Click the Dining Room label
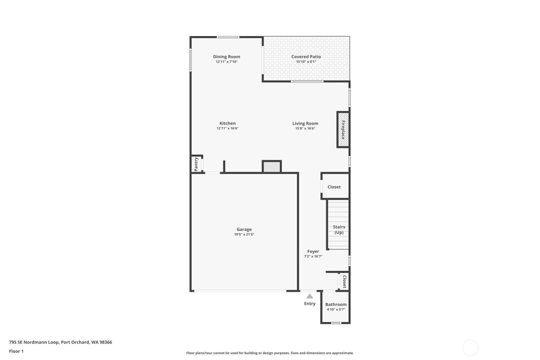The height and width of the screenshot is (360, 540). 226,57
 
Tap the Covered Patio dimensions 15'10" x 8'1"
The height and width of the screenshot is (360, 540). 306,62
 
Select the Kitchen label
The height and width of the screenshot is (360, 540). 228,123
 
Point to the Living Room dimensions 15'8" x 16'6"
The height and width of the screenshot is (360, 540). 305,128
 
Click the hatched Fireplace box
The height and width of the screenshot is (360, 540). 343,130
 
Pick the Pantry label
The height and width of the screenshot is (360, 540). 196,164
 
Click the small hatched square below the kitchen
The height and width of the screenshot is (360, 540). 272,167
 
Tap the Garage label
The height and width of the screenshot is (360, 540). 244,229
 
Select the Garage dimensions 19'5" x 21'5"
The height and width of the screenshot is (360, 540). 244,234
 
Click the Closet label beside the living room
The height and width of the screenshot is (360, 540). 334,187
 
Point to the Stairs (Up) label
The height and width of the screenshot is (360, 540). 339,230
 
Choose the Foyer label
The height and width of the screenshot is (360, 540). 313,251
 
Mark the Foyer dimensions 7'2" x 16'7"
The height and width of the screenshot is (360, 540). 313,256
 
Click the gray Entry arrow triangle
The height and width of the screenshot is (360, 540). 310,296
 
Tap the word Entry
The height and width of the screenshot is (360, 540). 310,304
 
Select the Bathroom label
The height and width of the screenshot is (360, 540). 336,304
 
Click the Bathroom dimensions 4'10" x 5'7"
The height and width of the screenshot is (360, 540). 336,309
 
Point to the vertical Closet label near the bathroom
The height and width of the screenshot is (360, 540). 344,281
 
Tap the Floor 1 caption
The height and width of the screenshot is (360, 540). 16,351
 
